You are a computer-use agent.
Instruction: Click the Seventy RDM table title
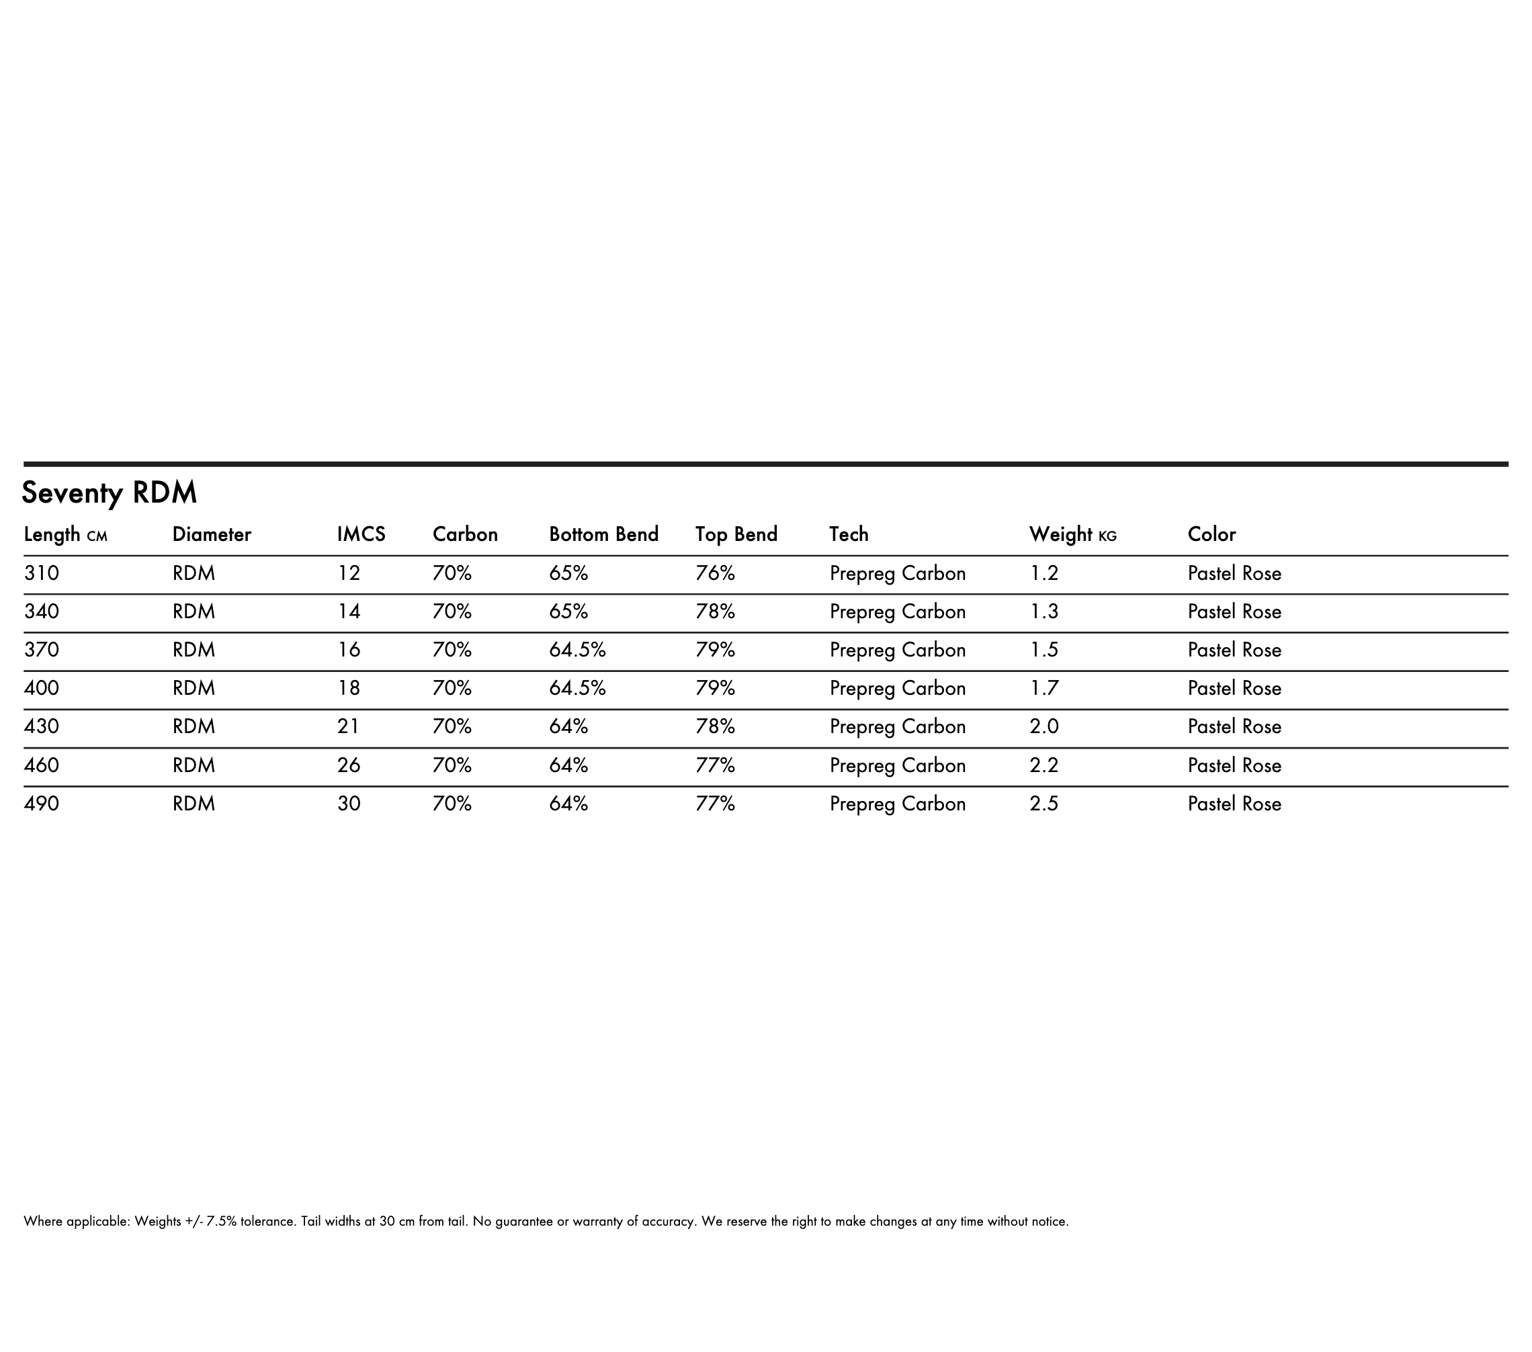(x=110, y=493)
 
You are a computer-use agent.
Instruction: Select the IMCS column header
(x=361, y=534)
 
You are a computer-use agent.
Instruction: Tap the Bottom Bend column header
(x=603, y=534)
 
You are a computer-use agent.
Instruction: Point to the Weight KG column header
(x=1072, y=534)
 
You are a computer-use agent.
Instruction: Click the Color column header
(x=1211, y=534)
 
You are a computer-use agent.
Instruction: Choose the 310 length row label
(x=41, y=573)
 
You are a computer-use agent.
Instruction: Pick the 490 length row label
(x=41, y=804)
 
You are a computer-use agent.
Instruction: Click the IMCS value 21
(x=349, y=726)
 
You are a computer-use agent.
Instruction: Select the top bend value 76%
(x=715, y=573)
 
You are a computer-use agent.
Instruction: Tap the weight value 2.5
(x=1044, y=804)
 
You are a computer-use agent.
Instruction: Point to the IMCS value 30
(x=349, y=804)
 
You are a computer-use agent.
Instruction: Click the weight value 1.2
(x=1044, y=573)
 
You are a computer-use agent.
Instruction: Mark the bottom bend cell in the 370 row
(x=577, y=650)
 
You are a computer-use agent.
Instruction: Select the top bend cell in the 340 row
(x=715, y=611)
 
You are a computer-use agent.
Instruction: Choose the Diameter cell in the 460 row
(x=194, y=765)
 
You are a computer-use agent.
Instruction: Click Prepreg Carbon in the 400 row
(x=897, y=688)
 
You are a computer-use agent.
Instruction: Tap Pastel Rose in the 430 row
(x=1234, y=726)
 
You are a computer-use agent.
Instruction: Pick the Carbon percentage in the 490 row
(x=452, y=804)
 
